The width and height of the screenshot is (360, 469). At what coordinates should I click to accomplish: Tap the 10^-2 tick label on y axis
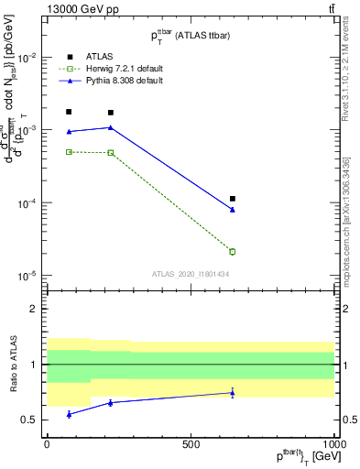coord(27,57)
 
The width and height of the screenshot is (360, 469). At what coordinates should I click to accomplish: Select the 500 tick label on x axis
coord(191,444)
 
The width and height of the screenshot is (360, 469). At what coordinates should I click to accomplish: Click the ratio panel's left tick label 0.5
coord(30,420)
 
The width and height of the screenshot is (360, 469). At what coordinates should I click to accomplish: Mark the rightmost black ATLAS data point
coord(233,199)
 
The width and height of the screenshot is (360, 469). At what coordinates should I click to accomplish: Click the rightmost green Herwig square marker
coord(233,252)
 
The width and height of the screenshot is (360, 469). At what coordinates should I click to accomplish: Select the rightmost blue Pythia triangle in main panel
coord(233,210)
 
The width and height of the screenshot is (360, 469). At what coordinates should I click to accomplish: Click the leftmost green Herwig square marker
coord(69,152)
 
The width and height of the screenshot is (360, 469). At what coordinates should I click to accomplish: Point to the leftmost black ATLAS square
coord(69,112)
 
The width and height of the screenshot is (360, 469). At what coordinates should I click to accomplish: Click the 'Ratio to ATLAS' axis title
coord(12,364)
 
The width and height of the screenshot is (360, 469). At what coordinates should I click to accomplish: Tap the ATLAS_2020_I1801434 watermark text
coord(190,274)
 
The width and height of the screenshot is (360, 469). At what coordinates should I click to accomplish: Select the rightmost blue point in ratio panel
coord(233,393)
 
